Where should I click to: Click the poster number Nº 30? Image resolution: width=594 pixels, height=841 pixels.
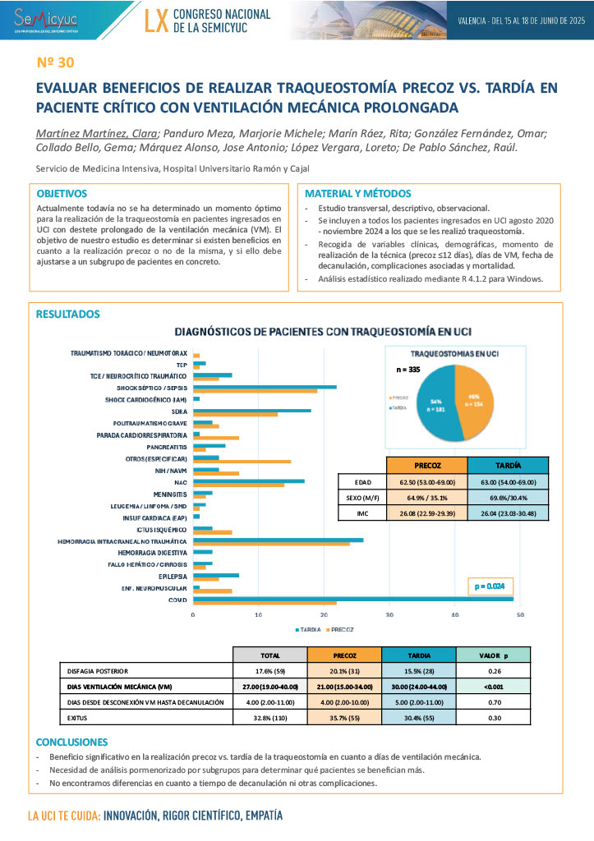pos(56,62)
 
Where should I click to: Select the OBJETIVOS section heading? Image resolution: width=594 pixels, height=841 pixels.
pos(62,194)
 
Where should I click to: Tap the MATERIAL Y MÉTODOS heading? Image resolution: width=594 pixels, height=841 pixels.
pos(357,194)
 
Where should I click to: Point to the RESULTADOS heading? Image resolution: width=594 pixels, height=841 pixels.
pos(68,315)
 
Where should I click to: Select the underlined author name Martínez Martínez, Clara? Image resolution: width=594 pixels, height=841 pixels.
pos(98,134)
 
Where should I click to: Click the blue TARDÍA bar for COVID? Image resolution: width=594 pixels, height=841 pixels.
pos(353,599)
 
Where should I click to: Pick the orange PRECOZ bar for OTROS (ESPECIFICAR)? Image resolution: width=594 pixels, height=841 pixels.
pos(242,461)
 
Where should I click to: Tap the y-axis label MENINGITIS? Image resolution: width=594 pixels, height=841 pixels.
pos(171,494)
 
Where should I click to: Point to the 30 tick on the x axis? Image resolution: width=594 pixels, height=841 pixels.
pos(389,614)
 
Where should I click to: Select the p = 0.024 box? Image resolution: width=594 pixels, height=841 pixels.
pos(493,586)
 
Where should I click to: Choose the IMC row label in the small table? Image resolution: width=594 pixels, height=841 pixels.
pos(362,514)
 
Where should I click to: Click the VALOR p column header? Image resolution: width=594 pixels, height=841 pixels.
pos(493,655)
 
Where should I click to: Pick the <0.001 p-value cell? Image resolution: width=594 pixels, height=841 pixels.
pos(493,686)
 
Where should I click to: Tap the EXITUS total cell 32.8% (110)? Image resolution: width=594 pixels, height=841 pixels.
pos(270,717)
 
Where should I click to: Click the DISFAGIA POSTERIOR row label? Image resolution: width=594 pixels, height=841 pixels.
pos(98,670)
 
